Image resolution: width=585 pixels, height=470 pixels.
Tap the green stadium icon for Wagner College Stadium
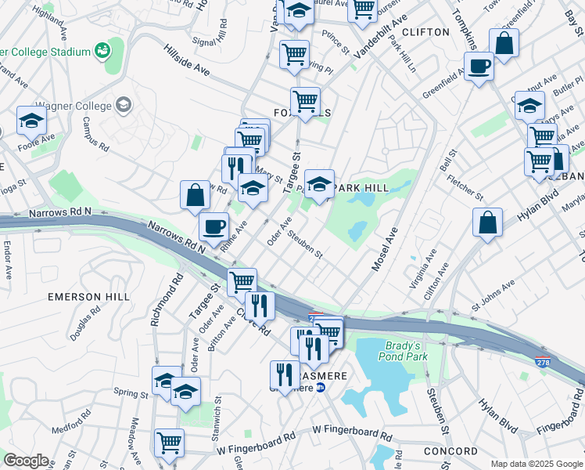102,52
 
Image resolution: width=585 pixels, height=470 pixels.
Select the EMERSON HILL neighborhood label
85,297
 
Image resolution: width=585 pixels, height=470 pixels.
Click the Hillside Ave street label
187,60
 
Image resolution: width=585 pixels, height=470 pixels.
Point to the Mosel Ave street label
386,250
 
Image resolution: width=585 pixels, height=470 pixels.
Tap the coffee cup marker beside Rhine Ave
214,227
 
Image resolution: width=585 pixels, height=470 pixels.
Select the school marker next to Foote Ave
31,120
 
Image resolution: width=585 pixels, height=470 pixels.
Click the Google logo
25,461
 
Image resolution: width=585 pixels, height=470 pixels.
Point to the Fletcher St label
466,188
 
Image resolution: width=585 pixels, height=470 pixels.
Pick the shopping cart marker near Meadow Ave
169,443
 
